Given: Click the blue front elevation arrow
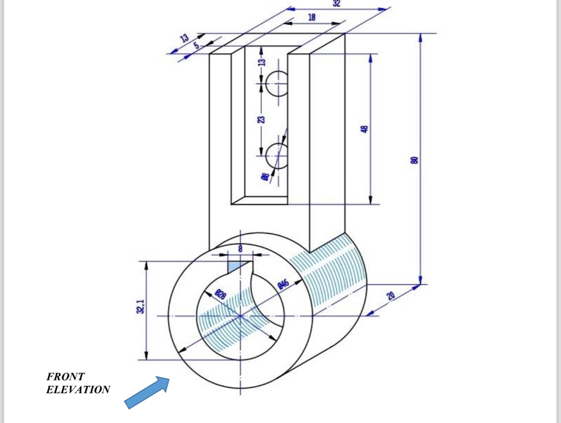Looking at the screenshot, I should coord(147,392).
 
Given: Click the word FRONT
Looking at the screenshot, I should coord(65,377).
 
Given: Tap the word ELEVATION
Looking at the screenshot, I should coord(78,389).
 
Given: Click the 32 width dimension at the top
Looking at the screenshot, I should coord(336,3).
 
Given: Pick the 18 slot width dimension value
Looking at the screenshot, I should coord(312,18).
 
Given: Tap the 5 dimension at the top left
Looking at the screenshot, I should coord(197,45).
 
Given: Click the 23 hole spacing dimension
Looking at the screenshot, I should coord(260,120).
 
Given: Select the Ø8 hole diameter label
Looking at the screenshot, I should coord(264,177).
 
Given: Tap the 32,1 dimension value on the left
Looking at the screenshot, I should coord(140,306).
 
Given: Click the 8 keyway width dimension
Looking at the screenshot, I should coord(240,248).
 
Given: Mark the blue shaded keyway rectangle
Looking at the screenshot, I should coord(234,266).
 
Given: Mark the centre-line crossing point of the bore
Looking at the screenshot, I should coord(240,316).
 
